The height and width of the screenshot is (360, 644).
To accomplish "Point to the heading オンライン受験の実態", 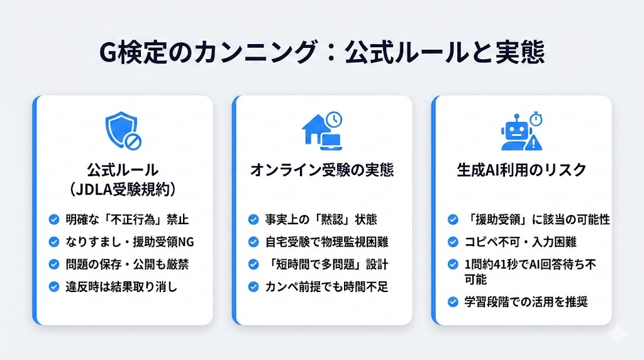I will tap(322, 169).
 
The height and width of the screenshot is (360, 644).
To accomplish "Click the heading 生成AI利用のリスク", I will tap(521, 169).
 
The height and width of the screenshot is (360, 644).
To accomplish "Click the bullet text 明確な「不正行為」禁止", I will tap(126, 220).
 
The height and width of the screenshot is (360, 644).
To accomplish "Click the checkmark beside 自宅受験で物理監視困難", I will tap(253, 242).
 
